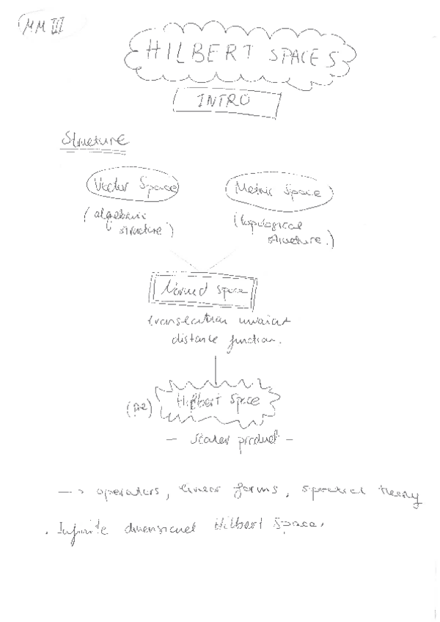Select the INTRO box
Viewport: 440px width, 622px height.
[226, 101]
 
